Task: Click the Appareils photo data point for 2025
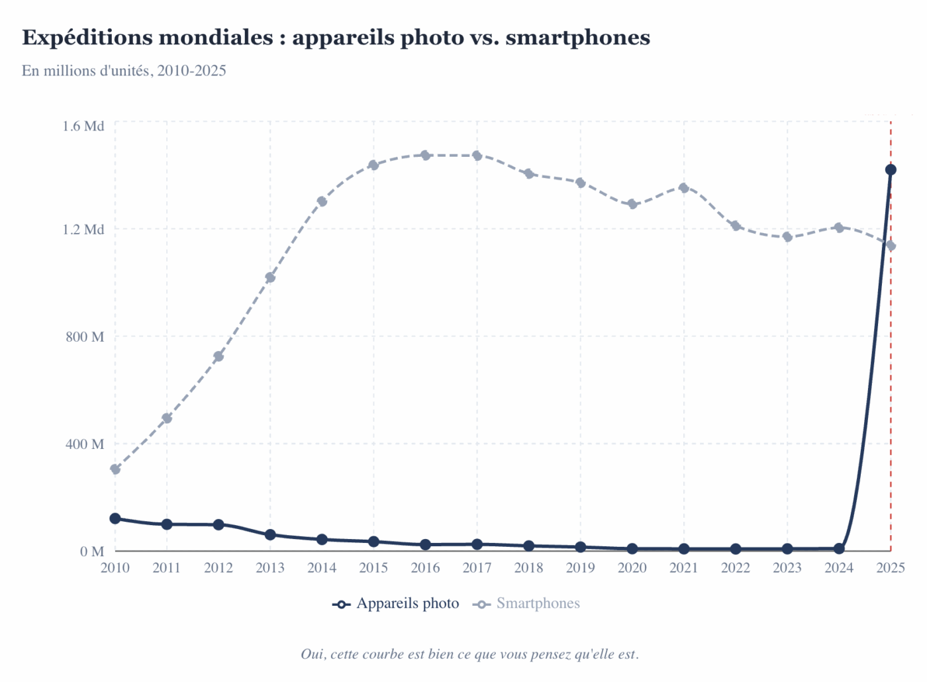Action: pyautogui.click(x=891, y=170)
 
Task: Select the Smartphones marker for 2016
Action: pyautogui.click(x=425, y=156)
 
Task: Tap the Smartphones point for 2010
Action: pyautogui.click(x=115, y=469)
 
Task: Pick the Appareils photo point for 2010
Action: pyautogui.click(x=115, y=518)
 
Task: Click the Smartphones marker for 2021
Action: pyautogui.click(x=684, y=188)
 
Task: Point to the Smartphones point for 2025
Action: pyautogui.click(x=891, y=246)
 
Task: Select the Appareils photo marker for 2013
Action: pyautogui.click(x=270, y=535)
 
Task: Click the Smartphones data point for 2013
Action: pyautogui.click(x=270, y=277)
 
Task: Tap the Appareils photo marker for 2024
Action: pyautogui.click(x=839, y=548)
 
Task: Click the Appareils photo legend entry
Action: pyautogui.click(x=396, y=603)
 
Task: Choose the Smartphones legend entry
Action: pyautogui.click(x=527, y=603)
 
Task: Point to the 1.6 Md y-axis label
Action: pyautogui.click(x=83, y=126)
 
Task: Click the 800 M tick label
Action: pyautogui.click(x=85, y=336)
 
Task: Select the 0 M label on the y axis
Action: pyautogui.click(x=92, y=551)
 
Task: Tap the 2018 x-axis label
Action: pyautogui.click(x=528, y=567)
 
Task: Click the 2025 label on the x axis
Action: pyautogui.click(x=891, y=567)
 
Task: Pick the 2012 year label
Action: pyautogui.click(x=219, y=567)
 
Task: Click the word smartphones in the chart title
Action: pyautogui.click(x=577, y=38)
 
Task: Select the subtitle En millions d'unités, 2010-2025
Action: pyautogui.click(x=124, y=71)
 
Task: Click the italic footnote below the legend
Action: pyautogui.click(x=469, y=654)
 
